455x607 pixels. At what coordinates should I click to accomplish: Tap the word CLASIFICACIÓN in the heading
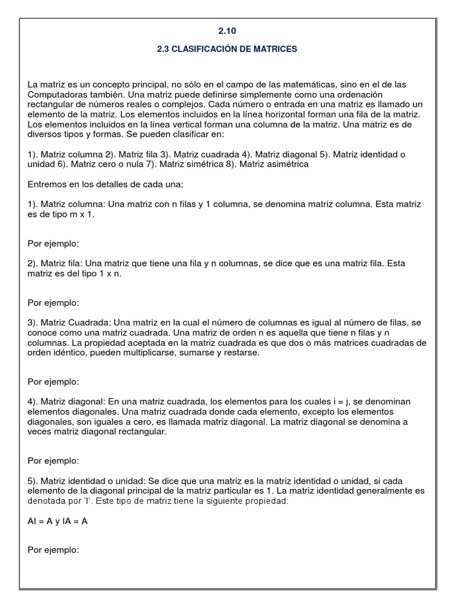tap(201, 49)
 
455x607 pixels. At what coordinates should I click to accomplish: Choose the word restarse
tap(242, 353)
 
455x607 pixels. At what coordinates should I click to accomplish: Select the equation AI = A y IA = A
tap(59, 521)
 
